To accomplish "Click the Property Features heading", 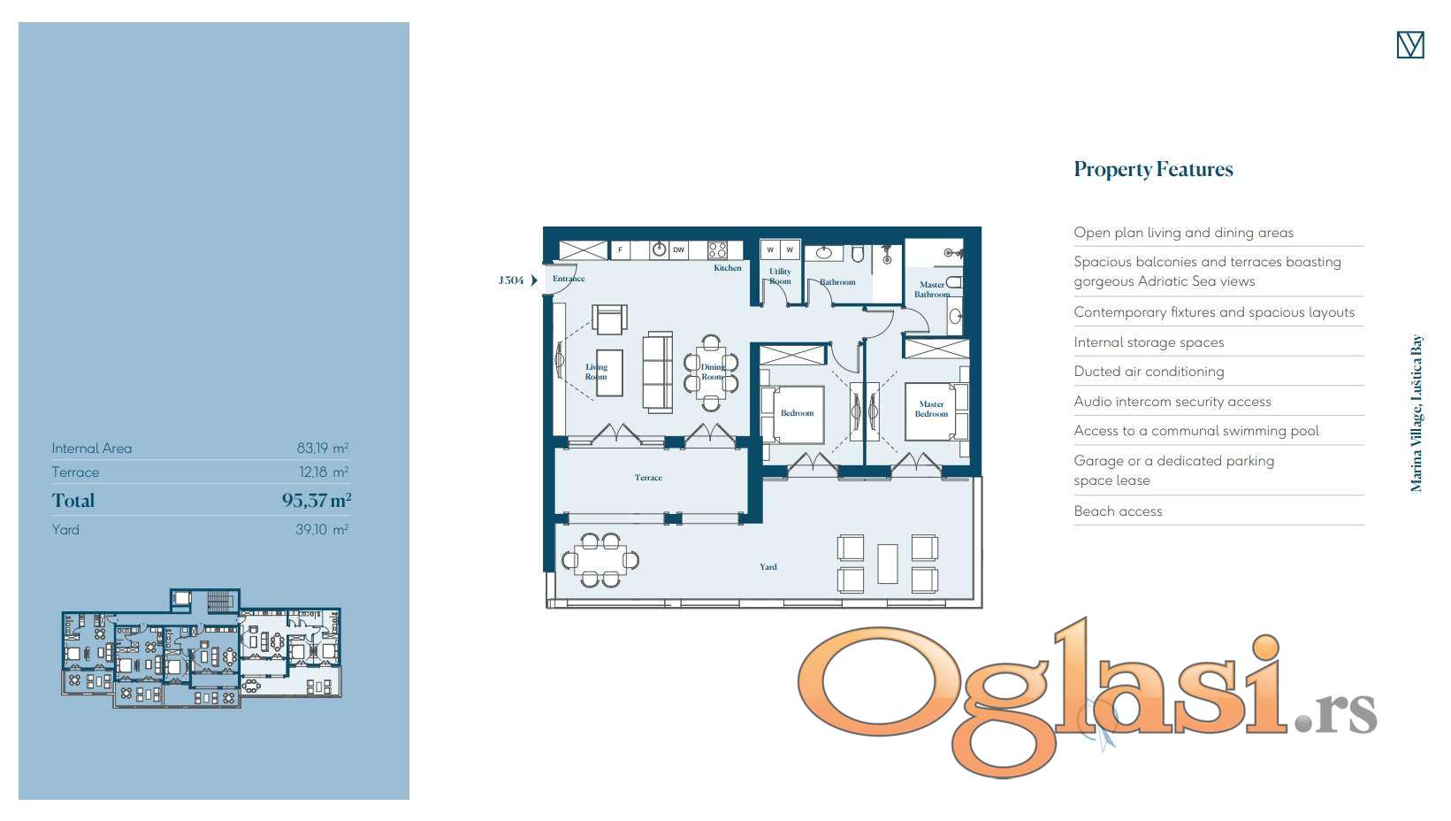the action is point(1153,170).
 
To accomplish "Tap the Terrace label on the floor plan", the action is point(648,478).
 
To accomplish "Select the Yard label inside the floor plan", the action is point(768,567).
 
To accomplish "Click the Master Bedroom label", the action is point(931,409).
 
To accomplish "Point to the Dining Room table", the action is point(711,372).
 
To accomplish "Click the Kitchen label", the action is point(728,267).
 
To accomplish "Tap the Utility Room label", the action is point(780,276).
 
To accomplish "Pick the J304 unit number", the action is point(510,280).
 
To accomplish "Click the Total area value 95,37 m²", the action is point(317,500).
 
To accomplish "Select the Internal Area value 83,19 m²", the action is point(323,448).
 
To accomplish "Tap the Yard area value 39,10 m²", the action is point(322,529).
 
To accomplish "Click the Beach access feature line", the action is point(1118,511).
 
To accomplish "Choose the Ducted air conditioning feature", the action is point(1149,372).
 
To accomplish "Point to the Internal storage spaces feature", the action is point(1149,342).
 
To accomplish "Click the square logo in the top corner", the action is point(1409,45).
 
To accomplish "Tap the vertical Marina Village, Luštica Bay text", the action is point(1416,413).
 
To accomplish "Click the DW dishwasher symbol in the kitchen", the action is point(678,249).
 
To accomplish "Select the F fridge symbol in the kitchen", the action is point(620,249).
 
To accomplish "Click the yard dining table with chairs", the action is point(599,560).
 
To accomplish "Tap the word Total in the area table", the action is point(73,500).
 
